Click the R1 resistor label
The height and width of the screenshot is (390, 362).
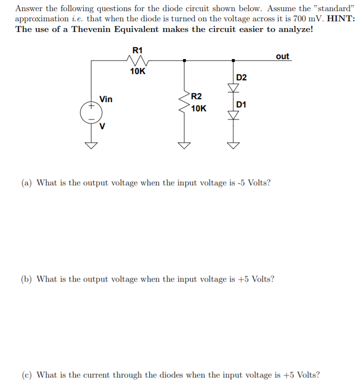137,50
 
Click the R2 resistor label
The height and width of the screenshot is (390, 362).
196,96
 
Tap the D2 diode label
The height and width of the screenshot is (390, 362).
241,77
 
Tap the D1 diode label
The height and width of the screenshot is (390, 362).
241,105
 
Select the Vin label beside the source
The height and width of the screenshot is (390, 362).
106,100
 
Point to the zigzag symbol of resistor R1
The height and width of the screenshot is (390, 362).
137,60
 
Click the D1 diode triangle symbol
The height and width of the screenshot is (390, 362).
234,115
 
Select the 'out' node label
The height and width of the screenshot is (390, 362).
282,56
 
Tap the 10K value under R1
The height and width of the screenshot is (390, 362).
137,72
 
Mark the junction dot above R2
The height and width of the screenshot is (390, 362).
184,60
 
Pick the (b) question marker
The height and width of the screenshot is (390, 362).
27,279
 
